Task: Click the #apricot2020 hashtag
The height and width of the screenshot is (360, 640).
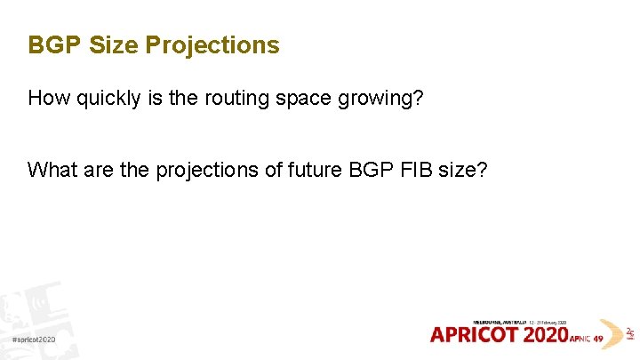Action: coord(35,340)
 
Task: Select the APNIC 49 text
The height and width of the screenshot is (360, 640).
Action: coord(586,339)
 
